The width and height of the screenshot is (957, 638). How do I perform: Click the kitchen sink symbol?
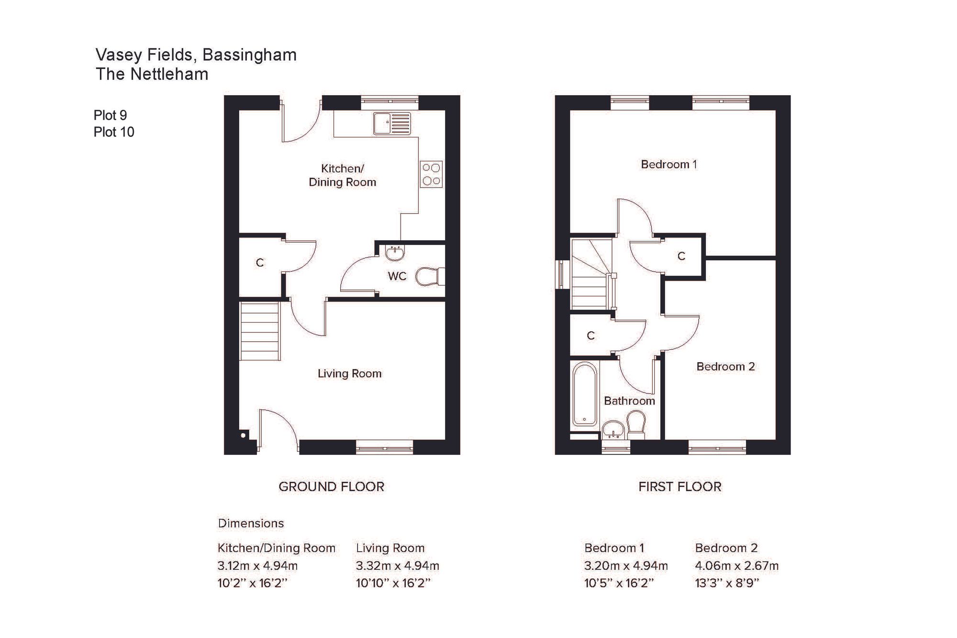point(392,123)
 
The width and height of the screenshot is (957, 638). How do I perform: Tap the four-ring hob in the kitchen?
point(431,174)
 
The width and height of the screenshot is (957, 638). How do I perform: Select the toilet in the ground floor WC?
point(430,277)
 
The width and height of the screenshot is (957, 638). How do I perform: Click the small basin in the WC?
point(395,253)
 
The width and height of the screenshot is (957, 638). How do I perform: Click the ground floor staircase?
point(259,331)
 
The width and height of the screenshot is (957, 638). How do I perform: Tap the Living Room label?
point(349,373)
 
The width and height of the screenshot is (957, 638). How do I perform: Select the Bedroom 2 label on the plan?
point(725,367)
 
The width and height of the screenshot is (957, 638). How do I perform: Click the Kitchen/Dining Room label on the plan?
point(342,175)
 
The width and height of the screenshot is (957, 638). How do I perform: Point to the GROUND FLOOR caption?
point(331,487)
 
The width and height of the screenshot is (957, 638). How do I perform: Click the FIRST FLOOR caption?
point(679,487)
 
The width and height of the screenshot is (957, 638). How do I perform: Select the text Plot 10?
point(114,132)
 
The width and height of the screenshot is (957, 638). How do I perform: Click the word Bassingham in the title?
point(249,55)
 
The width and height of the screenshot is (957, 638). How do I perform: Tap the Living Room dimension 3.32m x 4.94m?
point(397,566)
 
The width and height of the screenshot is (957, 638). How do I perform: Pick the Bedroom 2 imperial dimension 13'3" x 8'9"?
point(727,583)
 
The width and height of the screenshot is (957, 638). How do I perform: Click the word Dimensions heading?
point(251,523)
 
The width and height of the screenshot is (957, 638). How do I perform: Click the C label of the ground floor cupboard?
point(260,263)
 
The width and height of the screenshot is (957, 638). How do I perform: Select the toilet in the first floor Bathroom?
point(636,426)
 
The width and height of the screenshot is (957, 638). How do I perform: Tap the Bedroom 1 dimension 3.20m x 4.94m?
point(626,566)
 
